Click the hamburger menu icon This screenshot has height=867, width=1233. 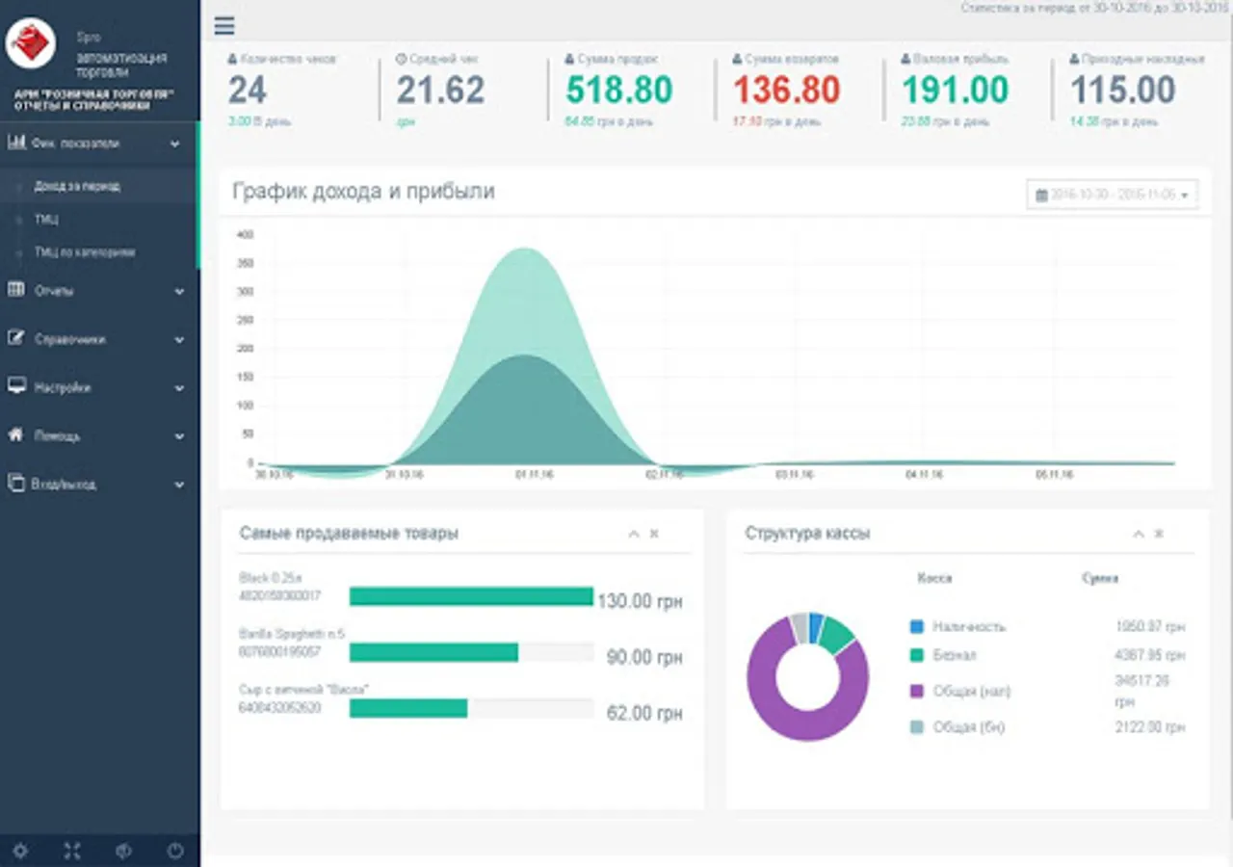click(x=224, y=26)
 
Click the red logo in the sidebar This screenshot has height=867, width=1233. click(x=30, y=42)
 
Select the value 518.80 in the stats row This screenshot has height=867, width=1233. click(x=618, y=91)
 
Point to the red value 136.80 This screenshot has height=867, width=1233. click(x=787, y=91)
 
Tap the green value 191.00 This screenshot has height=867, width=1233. click(x=955, y=91)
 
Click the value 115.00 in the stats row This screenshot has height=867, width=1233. click(x=1122, y=91)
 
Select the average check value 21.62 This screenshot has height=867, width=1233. click(x=440, y=91)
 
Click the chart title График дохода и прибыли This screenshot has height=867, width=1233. click(x=363, y=191)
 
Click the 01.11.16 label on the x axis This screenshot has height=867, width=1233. click(x=534, y=475)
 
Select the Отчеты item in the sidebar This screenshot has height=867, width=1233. click(x=54, y=291)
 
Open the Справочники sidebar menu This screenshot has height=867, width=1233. click(x=69, y=339)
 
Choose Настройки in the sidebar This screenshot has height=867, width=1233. click(x=63, y=387)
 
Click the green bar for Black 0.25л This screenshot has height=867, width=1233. click(x=471, y=596)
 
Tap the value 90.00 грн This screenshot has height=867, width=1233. click(x=643, y=658)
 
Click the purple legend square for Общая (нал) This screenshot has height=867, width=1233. click(x=916, y=691)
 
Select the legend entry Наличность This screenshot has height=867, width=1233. click(x=968, y=626)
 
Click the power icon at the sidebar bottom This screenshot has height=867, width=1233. click(x=174, y=851)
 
